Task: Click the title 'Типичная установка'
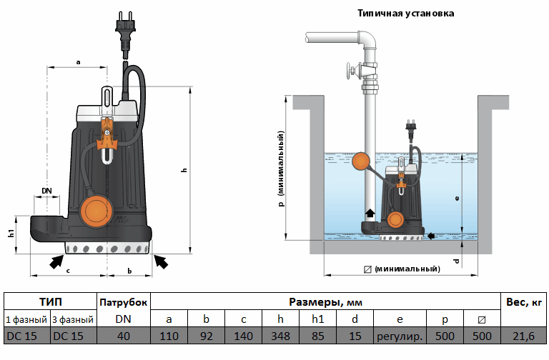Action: coord(405,13)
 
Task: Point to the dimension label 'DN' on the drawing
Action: coord(46,191)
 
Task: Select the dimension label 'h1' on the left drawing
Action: coord(11,234)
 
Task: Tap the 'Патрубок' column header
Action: coord(123,301)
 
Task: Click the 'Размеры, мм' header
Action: coord(325,301)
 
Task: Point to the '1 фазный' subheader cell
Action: coord(26,319)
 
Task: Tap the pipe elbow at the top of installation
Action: coord(367,39)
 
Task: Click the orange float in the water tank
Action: coord(362,163)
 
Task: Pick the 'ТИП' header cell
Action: coord(50,301)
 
